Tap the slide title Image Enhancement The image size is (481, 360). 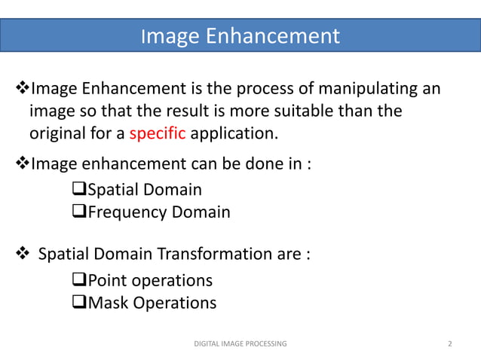tap(240, 35)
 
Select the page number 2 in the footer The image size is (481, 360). tap(450, 344)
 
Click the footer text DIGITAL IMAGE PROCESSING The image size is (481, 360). tap(240, 344)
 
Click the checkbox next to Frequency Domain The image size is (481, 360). tap(80, 212)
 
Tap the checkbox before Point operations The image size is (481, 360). tap(80, 281)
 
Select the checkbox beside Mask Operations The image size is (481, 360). tap(80, 304)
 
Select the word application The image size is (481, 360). tap(234, 135)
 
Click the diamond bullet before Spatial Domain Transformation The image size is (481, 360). tap(23, 254)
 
